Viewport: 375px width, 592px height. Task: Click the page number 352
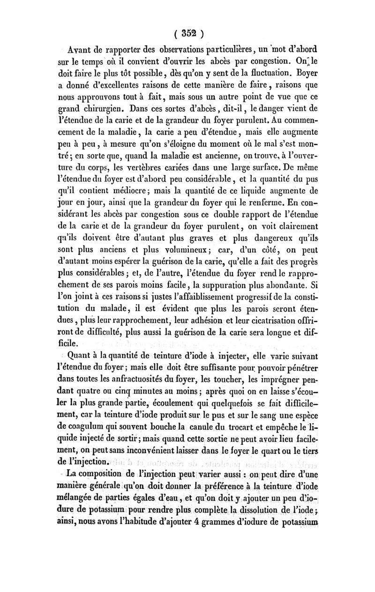(x=188, y=34)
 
